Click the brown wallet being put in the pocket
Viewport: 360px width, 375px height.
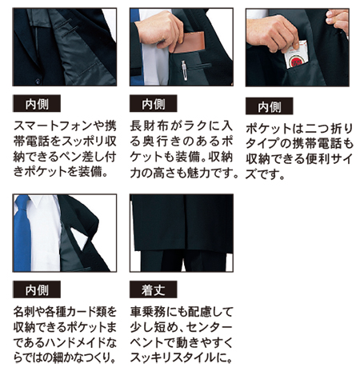[x=189, y=42]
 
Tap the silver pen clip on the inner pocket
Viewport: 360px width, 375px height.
[x=184, y=70]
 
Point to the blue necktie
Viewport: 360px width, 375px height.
[x=22, y=233]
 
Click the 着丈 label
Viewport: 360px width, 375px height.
[x=154, y=289]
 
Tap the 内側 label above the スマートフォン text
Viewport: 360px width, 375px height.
[x=37, y=103]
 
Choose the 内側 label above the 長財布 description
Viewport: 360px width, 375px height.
[x=154, y=103]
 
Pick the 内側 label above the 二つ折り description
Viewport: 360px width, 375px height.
[x=270, y=106]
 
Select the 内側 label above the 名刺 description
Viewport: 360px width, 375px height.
[x=37, y=289]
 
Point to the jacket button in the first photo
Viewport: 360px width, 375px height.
[x=38, y=80]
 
